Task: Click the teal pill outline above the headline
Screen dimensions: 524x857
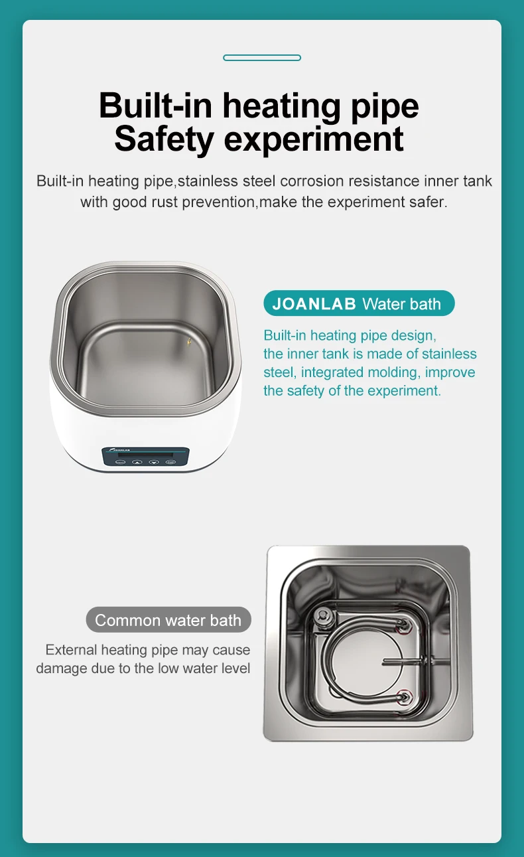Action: (262, 58)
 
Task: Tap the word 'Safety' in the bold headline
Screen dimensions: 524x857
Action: (164, 139)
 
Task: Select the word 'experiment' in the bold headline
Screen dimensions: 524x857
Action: (314, 140)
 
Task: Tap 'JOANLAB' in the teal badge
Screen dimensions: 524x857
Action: (314, 304)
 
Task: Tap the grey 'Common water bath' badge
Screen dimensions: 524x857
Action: (168, 620)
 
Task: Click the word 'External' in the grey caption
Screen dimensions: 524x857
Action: (72, 650)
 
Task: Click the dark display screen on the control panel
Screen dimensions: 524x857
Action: (145, 455)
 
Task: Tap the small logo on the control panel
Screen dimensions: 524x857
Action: (119, 449)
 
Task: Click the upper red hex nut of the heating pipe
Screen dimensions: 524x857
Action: (403, 625)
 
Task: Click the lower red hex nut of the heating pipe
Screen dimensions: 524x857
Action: (404, 696)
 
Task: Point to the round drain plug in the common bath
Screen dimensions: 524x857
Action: (323, 615)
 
